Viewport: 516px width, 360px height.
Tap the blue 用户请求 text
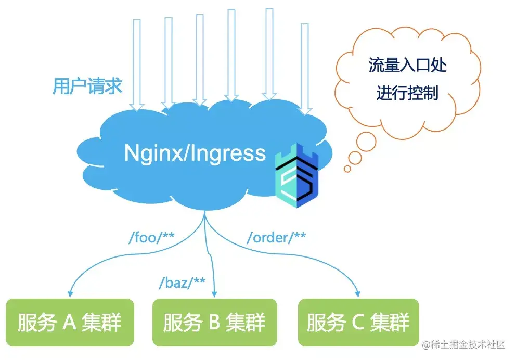point(87,86)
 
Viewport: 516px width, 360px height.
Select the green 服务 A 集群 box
point(70,322)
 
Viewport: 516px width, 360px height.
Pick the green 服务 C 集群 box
point(358,322)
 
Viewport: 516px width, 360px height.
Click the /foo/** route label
point(151,238)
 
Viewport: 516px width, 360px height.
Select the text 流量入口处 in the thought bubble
point(407,66)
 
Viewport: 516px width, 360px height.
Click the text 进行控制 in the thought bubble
point(407,94)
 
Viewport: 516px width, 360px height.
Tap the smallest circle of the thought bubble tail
point(347,169)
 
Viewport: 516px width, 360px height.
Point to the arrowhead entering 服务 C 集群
point(358,293)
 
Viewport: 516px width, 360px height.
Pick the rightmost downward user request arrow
point(306,68)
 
